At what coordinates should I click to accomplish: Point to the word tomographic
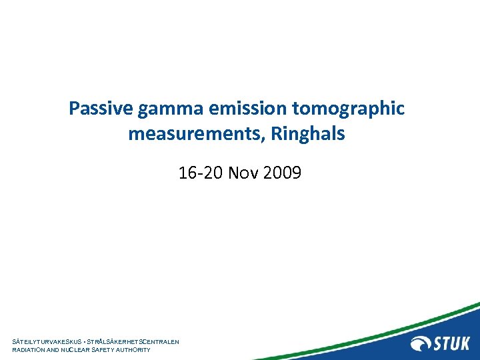pyautogui.click(x=348, y=109)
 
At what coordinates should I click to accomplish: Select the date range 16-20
pyautogui.click(x=201, y=174)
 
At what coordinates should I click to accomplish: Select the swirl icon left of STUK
pyautogui.click(x=422, y=344)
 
